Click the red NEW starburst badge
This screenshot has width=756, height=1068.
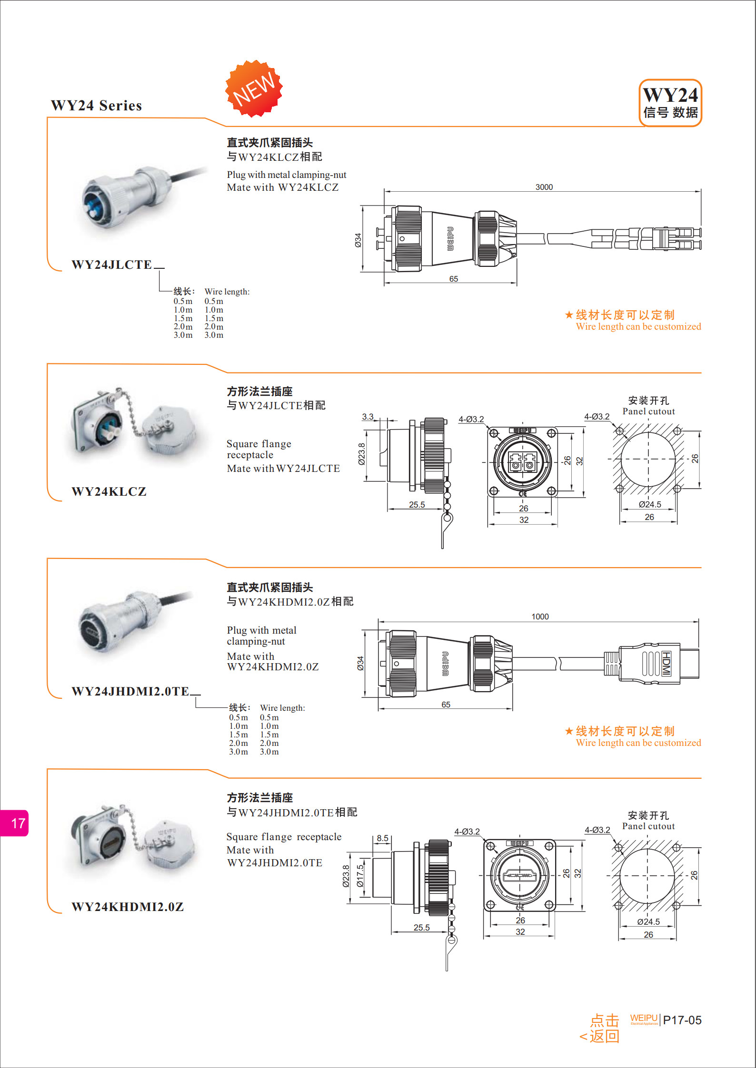[x=254, y=88]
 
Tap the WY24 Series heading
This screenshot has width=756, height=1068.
[x=97, y=106]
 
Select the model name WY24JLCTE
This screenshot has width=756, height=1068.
[x=112, y=265]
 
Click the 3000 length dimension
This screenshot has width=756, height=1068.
[x=544, y=187]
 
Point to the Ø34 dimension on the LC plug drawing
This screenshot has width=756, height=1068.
[x=358, y=240]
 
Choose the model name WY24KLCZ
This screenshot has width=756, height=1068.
[x=109, y=491]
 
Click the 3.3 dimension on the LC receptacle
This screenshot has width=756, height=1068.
[x=368, y=417]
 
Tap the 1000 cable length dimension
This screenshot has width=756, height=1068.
[x=540, y=617]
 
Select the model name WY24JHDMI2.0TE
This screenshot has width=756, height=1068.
[x=130, y=691]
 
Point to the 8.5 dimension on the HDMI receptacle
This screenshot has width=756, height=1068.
[x=382, y=838]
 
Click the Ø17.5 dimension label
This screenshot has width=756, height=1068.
[x=360, y=876]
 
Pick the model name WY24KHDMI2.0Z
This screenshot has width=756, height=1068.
[x=128, y=907]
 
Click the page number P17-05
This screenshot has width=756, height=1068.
[x=682, y=1020]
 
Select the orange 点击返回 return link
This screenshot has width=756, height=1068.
[x=600, y=1028]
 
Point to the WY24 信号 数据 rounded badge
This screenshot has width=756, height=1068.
[x=670, y=103]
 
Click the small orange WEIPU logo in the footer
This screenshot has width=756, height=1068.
[x=644, y=1018]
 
